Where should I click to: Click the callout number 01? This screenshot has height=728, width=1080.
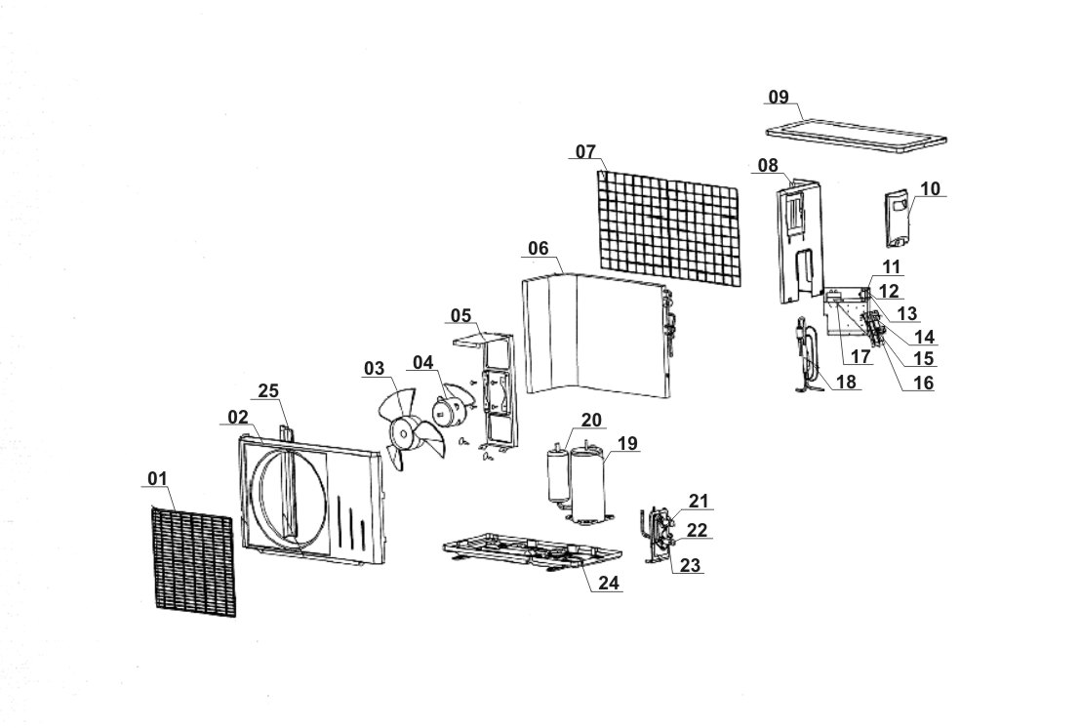click(158, 477)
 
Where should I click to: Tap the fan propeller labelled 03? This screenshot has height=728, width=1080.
click(401, 428)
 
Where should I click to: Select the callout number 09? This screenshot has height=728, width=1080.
click(778, 97)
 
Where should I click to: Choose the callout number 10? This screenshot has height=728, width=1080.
click(931, 188)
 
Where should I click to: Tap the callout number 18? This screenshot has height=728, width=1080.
click(846, 383)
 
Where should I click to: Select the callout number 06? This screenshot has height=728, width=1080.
click(539, 248)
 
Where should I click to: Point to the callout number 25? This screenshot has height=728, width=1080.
click(268, 390)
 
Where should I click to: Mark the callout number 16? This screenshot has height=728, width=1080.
click(921, 383)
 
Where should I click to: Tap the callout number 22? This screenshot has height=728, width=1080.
click(697, 529)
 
